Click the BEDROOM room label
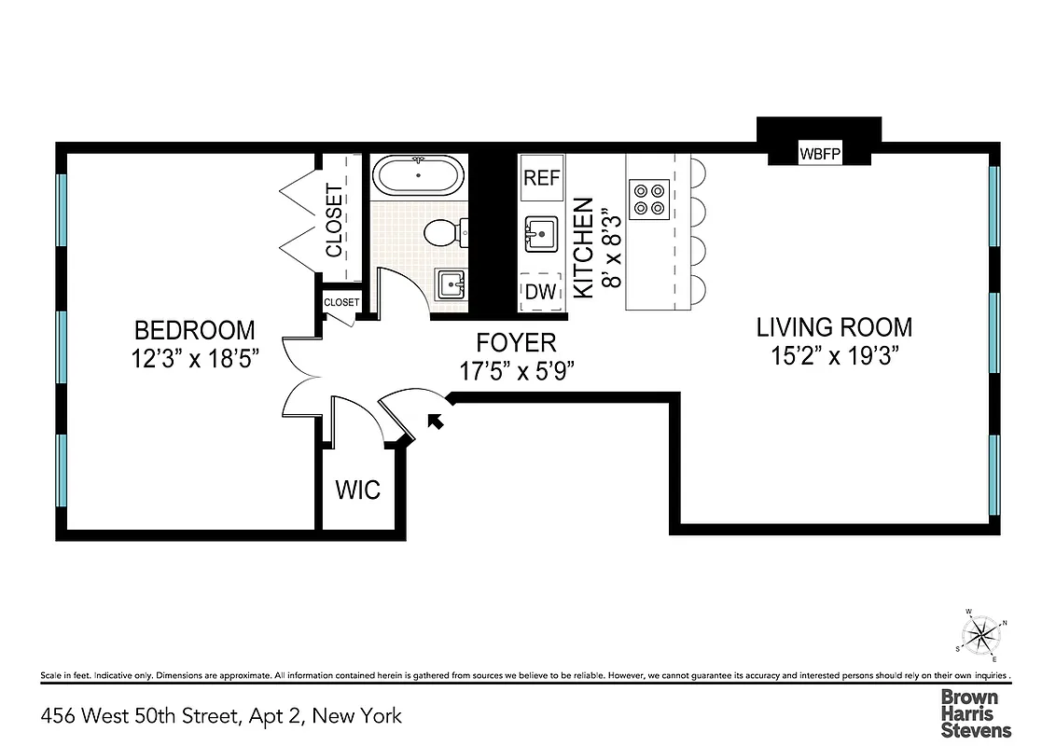[194, 330]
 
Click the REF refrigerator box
[541, 178]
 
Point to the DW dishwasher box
[541, 292]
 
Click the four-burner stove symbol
[649, 198]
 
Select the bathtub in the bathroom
[418, 174]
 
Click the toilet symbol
[442, 232]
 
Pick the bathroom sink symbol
[451, 283]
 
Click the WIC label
[358, 489]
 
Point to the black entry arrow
[435, 422]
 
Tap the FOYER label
[516, 342]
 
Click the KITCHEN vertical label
[583, 248]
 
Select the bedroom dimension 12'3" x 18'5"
[194, 360]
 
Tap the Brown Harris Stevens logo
[975, 712]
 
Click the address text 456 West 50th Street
[222, 716]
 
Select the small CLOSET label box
[341, 302]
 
